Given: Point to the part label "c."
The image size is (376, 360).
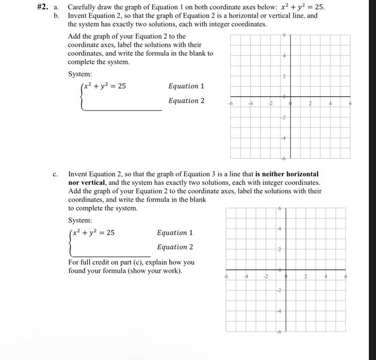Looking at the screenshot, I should (x=56, y=174).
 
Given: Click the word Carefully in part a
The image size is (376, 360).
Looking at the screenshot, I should (x=83, y=8).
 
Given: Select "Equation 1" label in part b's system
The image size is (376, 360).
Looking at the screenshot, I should (x=186, y=87).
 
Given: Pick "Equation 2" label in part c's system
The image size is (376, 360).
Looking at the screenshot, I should (x=175, y=247).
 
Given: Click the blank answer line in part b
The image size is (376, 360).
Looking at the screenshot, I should (x=122, y=109).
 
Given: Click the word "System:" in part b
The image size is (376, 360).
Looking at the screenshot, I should (x=80, y=74).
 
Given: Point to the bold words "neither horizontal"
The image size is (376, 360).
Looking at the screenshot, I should (x=287, y=174).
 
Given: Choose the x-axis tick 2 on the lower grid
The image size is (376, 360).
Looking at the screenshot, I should (x=305, y=277).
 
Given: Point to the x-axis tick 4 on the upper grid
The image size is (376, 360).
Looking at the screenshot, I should (x=330, y=105).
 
